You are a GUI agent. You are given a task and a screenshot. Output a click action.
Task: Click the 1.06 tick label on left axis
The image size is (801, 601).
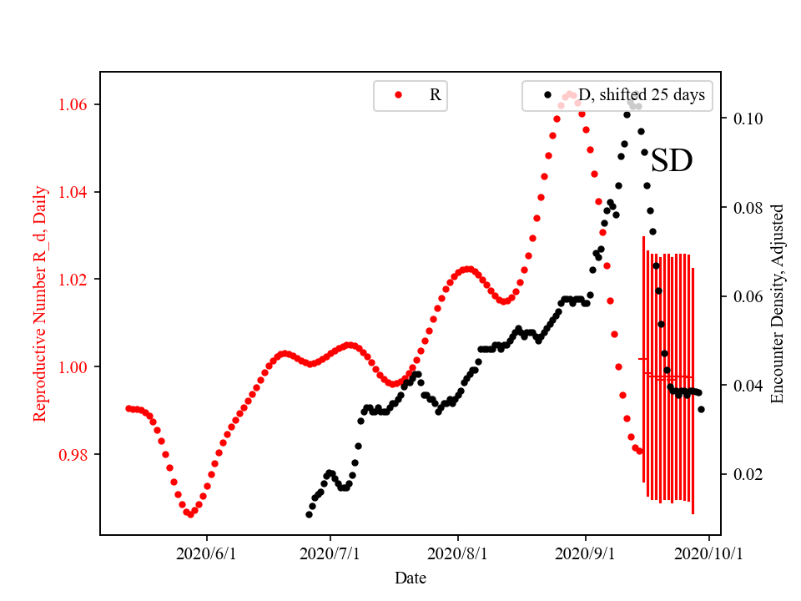(x=74, y=105)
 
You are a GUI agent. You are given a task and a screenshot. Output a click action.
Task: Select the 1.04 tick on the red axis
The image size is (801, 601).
(x=74, y=193)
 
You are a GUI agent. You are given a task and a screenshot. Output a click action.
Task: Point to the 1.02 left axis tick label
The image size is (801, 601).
(x=74, y=280)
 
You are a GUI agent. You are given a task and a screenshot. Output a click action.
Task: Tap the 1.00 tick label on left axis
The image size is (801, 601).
(x=74, y=367)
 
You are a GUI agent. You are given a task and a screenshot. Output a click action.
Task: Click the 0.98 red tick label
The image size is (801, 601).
(x=74, y=455)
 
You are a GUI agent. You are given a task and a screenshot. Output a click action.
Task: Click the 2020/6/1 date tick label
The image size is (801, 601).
(x=207, y=553)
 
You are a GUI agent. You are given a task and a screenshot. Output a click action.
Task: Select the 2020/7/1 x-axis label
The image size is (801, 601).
(x=330, y=553)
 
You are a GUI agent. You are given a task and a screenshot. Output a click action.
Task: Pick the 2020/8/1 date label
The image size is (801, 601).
(x=457, y=553)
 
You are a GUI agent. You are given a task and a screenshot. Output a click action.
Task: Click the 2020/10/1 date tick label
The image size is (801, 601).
(x=708, y=553)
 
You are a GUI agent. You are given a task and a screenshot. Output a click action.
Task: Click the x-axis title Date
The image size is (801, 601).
(x=411, y=577)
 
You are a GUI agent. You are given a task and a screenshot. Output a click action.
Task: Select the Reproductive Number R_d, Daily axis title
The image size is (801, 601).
(x=40, y=303)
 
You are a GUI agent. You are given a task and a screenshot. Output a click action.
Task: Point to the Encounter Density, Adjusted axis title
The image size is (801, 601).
(x=778, y=303)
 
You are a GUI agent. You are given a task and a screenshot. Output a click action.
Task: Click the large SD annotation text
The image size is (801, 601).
(x=672, y=161)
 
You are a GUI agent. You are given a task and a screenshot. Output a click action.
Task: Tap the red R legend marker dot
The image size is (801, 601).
(x=398, y=95)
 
